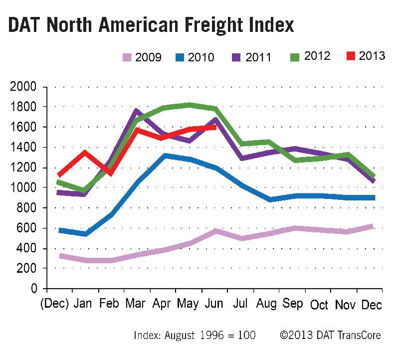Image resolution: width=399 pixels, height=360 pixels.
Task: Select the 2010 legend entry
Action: click(196, 57)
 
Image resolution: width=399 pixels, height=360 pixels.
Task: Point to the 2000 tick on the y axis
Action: click(24, 87)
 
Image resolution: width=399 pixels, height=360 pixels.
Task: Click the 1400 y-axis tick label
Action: click(24, 148)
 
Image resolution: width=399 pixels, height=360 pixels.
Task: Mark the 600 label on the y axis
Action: click(27, 228)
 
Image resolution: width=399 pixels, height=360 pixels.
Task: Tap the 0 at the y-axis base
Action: click(34, 289)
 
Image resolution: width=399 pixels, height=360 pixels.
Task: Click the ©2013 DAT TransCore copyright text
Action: click(331, 336)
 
